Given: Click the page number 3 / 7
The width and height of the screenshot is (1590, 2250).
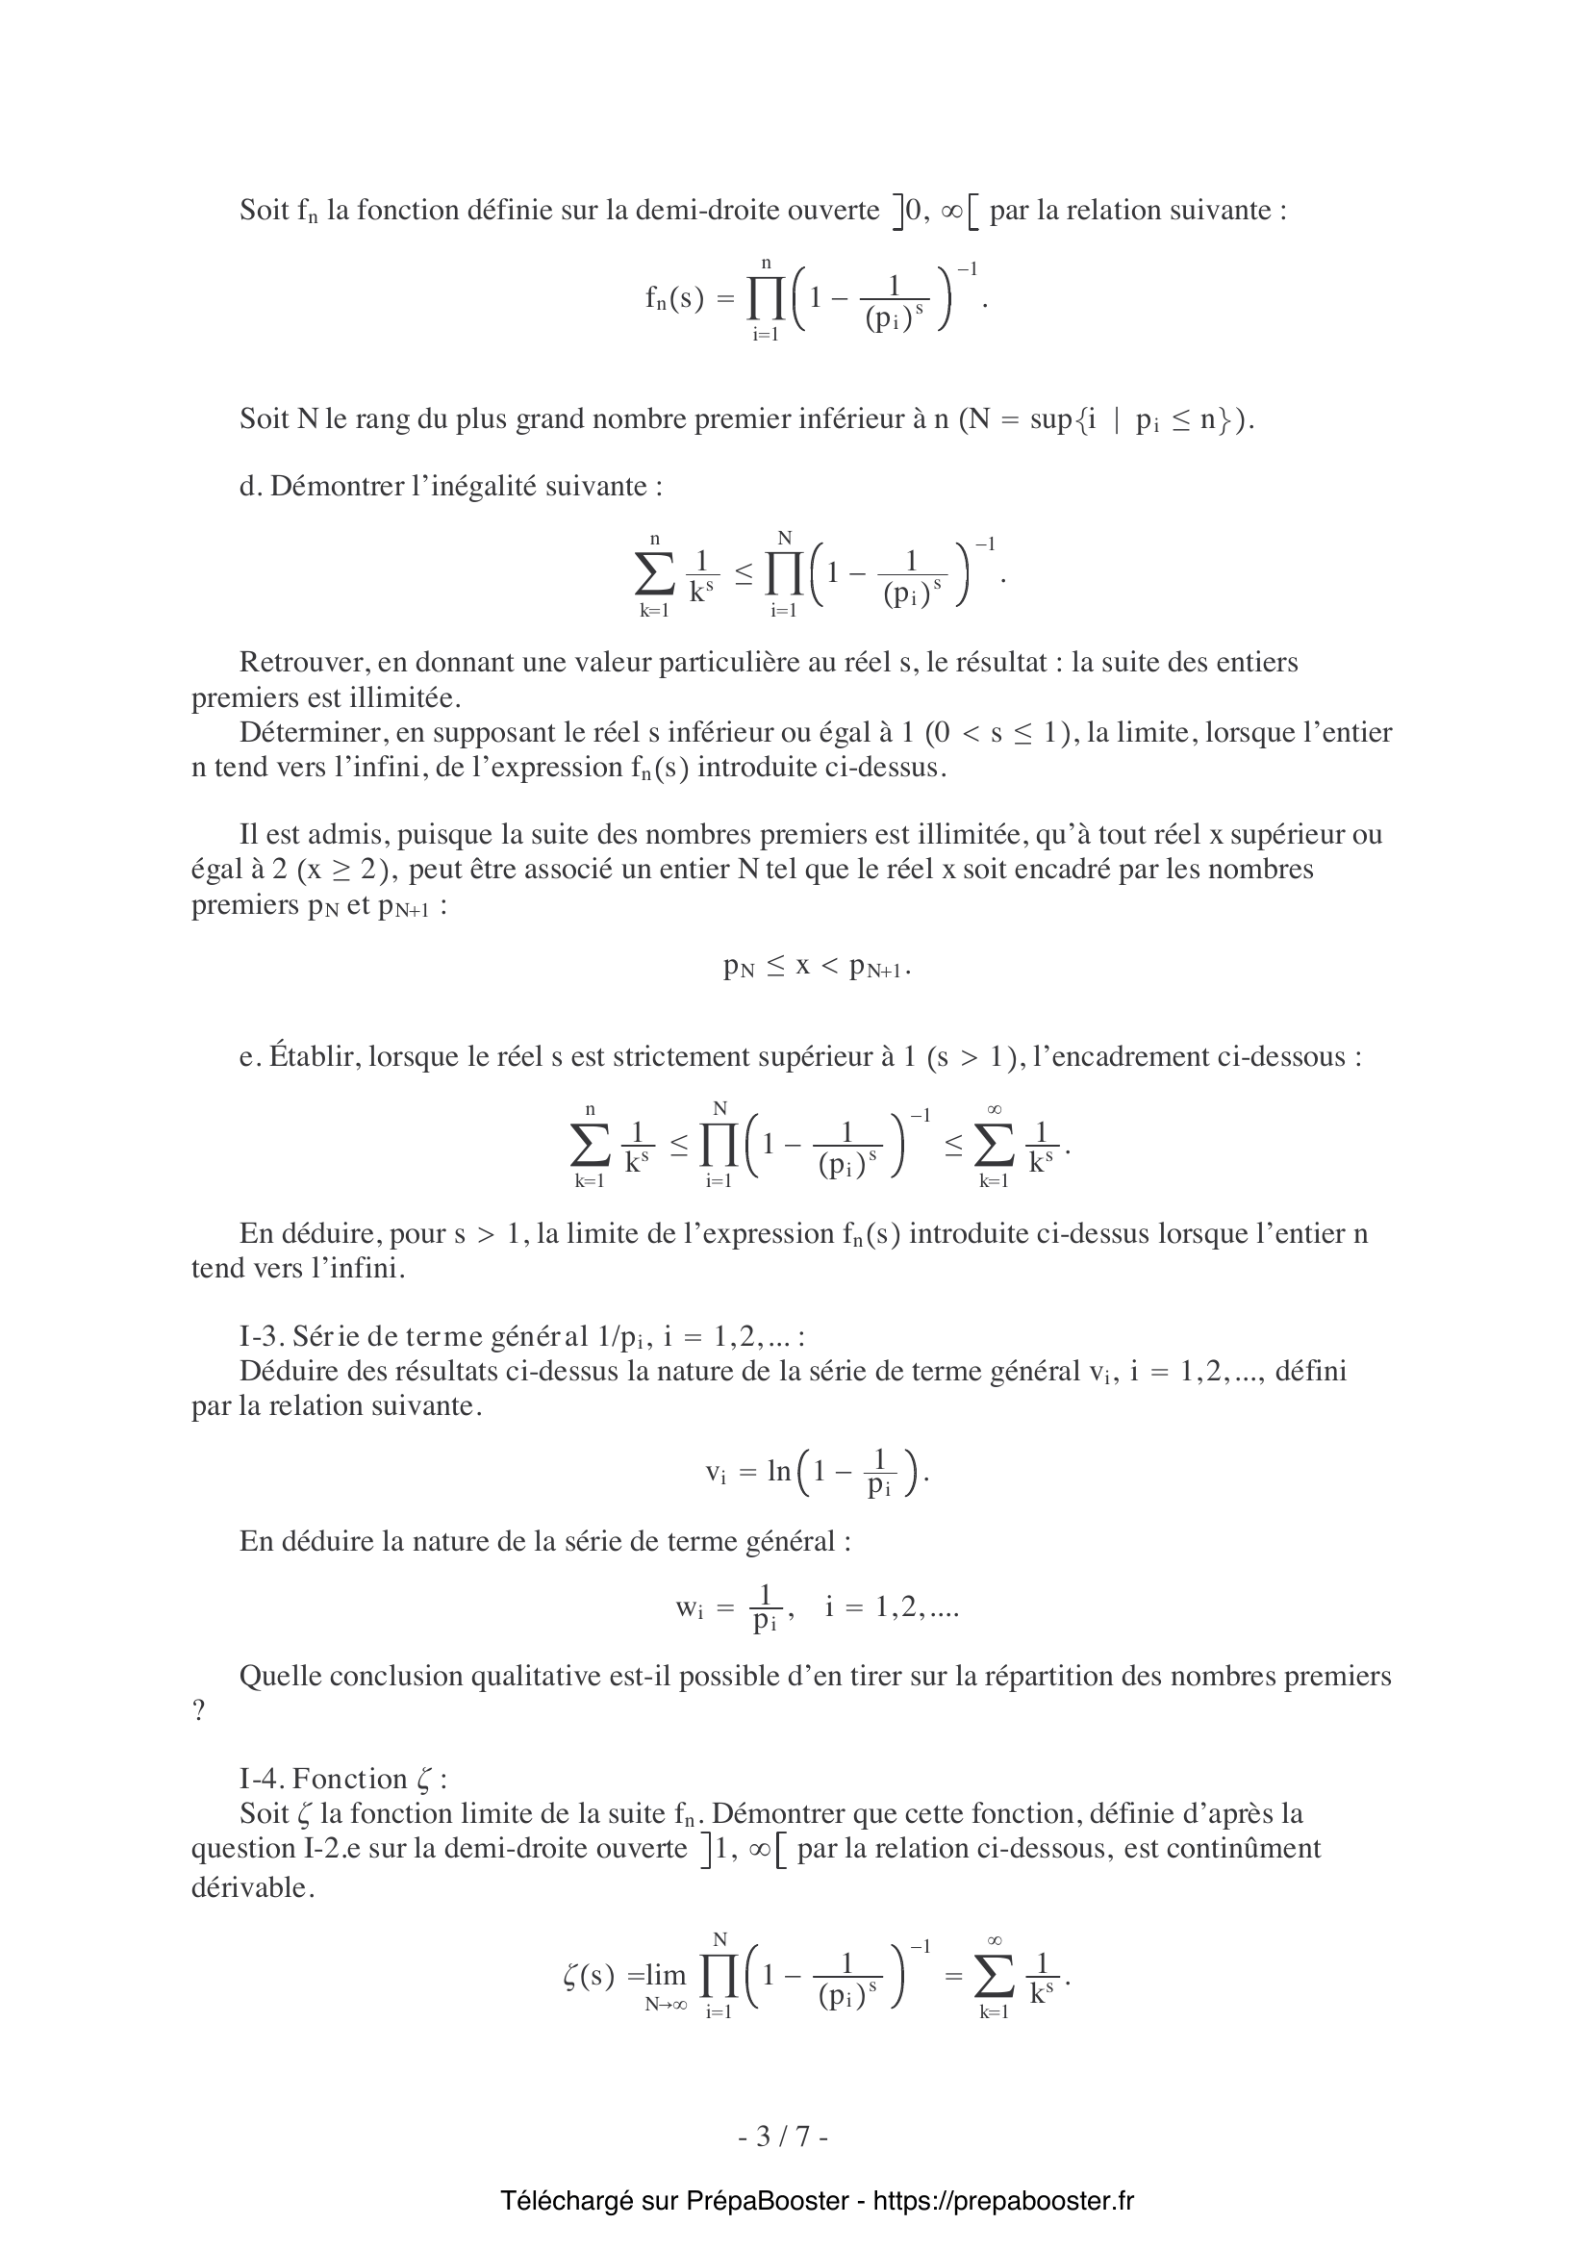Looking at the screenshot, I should point(783,2136).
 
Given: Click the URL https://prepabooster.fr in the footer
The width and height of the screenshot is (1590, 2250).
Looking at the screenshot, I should point(1003,2201).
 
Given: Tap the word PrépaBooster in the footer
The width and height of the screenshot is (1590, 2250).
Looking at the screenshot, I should point(767,2201).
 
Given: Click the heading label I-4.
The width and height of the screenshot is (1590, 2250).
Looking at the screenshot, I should point(262,1779).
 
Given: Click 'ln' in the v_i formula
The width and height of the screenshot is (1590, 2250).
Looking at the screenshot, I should point(779,1472).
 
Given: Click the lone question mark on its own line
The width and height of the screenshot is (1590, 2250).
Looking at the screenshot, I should point(199,1712).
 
